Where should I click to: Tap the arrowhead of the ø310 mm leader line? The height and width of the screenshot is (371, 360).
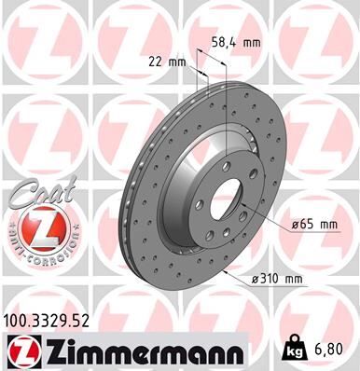click(227, 269)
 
